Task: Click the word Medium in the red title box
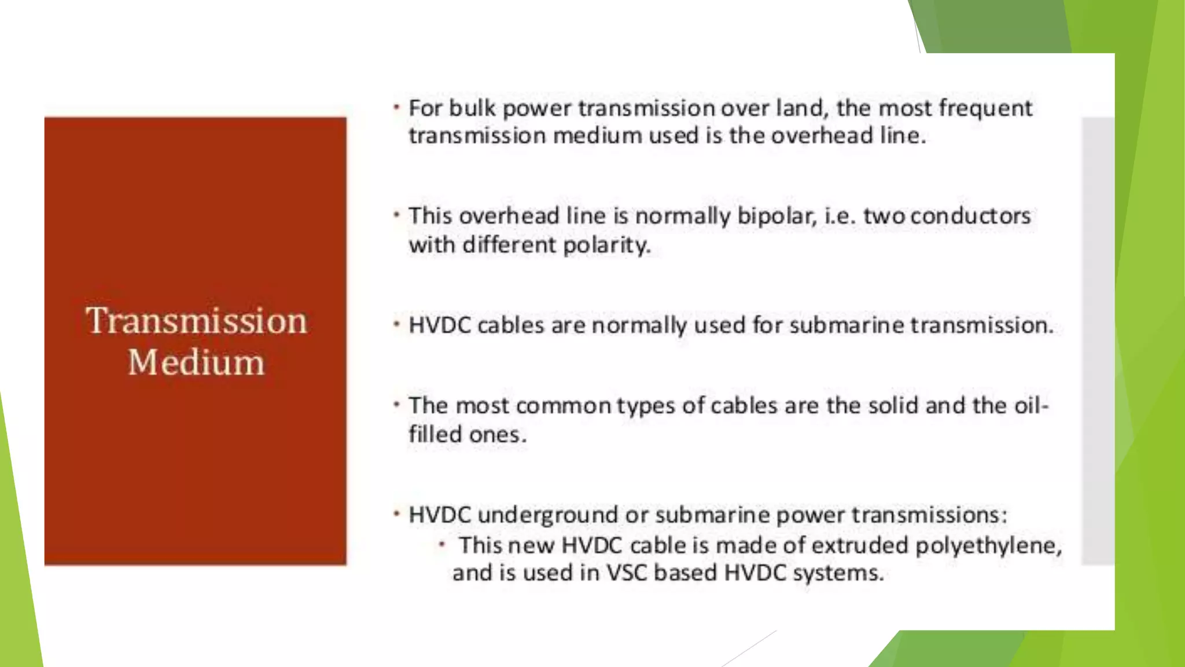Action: point(196,362)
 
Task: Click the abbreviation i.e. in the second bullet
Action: point(840,216)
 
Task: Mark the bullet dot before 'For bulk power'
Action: point(397,107)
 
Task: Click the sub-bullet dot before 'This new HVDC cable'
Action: point(442,544)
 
